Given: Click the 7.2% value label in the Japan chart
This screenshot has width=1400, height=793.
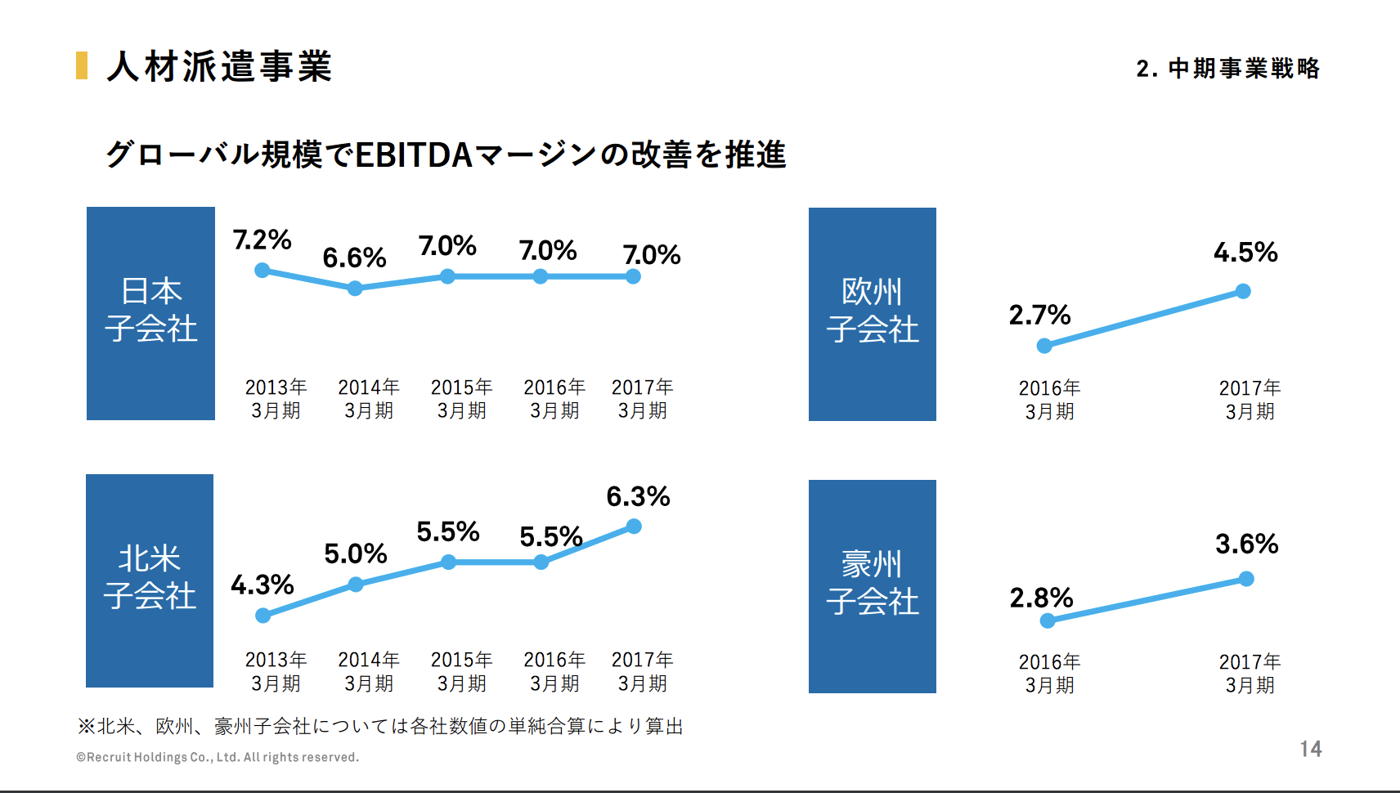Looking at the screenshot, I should click(262, 240).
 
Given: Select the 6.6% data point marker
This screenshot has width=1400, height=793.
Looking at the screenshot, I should click(355, 289).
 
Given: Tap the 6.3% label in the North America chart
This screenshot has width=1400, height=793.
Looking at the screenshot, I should click(638, 496).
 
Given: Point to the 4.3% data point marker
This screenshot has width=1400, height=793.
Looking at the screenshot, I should click(262, 616).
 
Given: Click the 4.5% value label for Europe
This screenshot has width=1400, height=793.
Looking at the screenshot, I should click(1245, 252).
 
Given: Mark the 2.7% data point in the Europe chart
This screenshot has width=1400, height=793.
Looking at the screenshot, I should click(1044, 346).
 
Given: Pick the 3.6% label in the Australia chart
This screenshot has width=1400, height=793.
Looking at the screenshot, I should click(1246, 544).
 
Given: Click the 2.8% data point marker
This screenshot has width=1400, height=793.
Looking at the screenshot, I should click(1048, 621).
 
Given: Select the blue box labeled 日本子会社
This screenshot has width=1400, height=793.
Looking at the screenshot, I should click(150, 313).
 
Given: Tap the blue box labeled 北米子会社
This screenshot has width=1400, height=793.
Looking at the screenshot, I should click(150, 580).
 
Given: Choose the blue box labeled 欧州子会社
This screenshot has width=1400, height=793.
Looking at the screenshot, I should click(873, 314).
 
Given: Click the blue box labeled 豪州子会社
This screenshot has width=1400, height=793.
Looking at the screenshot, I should click(873, 586).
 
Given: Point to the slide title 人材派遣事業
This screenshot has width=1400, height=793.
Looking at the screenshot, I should click(219, 66).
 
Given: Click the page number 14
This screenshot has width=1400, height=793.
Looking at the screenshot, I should click(1311, 749).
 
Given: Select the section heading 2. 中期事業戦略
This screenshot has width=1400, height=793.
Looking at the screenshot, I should click(1227, 68).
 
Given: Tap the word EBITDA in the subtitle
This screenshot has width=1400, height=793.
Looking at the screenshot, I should click(414, 155).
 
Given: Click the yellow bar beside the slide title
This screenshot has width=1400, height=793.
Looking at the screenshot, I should click(82, 65).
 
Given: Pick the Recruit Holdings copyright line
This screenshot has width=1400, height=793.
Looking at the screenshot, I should click(218, 757).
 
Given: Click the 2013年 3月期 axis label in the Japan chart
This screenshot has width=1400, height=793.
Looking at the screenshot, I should click(276, 398).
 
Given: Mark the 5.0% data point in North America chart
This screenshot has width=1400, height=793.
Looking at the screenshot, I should click(356, 585).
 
